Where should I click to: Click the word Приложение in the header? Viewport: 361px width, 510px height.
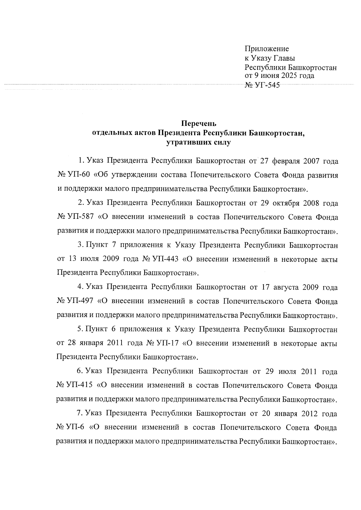267,49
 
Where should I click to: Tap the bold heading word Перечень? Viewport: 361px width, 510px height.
199,123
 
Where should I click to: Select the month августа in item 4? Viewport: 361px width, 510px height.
285,287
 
